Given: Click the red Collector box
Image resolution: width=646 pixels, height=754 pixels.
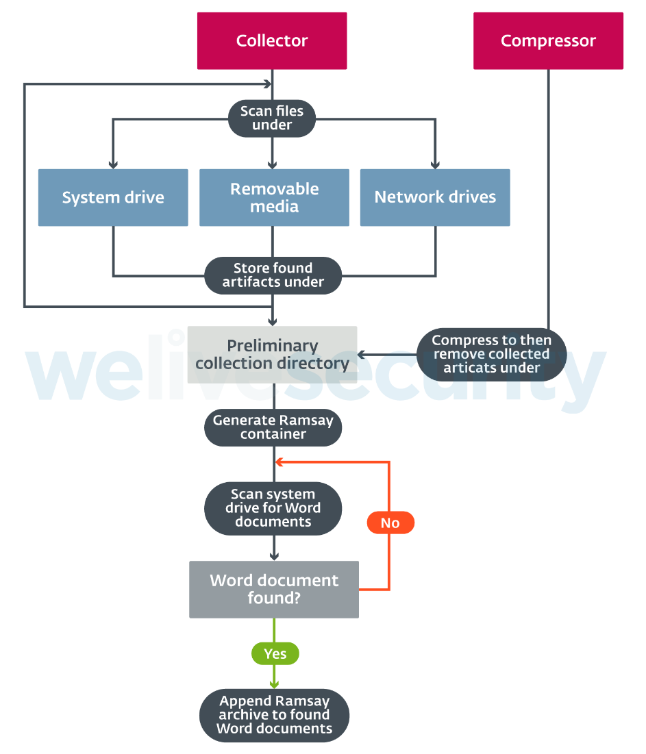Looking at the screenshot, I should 272,41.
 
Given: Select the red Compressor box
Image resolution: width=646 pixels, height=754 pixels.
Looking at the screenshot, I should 548,41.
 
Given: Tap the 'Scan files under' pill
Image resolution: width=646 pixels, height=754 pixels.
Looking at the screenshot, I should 272,118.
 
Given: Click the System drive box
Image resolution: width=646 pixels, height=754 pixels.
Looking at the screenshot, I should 113,198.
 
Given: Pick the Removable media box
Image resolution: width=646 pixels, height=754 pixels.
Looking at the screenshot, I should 274,198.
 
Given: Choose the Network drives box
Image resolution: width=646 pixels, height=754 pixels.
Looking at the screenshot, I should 435,198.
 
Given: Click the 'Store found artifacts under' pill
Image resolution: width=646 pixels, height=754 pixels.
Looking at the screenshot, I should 273,275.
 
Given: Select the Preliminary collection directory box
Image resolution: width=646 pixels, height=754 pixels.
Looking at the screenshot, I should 273,355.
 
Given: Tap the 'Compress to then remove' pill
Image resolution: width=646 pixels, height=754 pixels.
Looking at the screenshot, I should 491,355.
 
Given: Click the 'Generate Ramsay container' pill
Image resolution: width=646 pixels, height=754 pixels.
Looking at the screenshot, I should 273,427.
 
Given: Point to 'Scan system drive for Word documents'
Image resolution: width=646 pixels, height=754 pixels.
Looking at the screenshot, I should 273,508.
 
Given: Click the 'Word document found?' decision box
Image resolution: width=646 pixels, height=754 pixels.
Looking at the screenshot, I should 274,590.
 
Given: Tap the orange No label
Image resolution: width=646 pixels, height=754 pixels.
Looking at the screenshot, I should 390,523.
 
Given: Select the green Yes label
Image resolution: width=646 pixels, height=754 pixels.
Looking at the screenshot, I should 275,654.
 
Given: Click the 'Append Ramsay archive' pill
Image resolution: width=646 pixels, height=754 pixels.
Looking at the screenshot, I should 274,715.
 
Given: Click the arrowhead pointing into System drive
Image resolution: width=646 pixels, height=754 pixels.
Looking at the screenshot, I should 113,165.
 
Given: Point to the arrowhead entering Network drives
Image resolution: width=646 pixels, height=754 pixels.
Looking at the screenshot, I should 435,165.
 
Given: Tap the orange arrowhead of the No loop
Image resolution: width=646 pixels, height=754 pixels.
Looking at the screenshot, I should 279,462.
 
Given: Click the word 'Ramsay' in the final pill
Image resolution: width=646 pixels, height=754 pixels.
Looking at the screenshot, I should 301,701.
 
